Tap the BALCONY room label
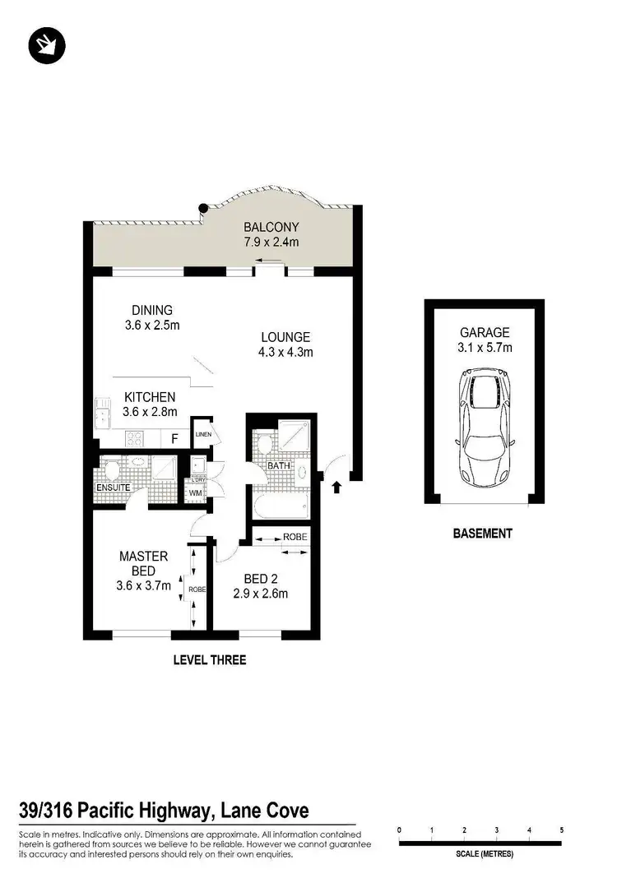[271, 227]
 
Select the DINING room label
[152, 310]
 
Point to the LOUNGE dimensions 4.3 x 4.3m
[285, 352]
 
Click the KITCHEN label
[150, 397]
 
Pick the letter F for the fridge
[174, 439]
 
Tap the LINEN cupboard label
[203, 434]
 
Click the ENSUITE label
[114, 488]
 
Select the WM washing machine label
[195, 493]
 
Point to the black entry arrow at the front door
[336, 489]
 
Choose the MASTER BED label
[144, 563]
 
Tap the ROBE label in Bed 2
[295, 537]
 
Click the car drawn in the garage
[485, 426]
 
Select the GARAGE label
[485, 333]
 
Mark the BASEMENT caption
[483, 534]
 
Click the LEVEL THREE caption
[209, 659]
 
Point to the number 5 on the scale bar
[562, 830]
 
